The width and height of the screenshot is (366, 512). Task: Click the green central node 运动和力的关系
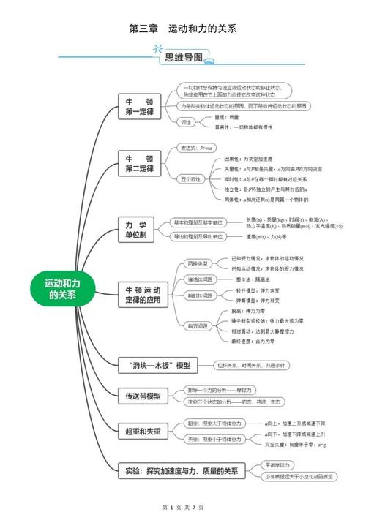[x=62, y=289]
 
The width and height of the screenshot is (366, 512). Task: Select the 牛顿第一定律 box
[x=139, y=107]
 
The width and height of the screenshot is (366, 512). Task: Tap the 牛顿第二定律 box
[x=139, y=163]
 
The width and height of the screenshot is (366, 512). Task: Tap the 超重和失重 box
[x=142, y=432]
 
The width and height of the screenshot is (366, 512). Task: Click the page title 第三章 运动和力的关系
[x=182, y=29]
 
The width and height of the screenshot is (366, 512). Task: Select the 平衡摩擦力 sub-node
[x=278, y=464]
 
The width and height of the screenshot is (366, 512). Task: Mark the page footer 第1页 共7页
[x=182, y=506]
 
